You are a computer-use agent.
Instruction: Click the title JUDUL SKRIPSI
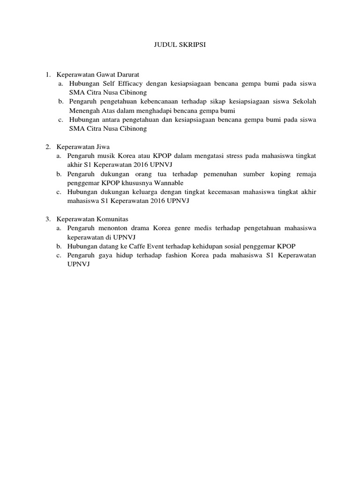tap(180, 45)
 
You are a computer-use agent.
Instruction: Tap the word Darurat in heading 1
tap(127, 75)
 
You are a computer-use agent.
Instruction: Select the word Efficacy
tap(126, 83)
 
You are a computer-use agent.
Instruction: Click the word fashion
tap(175, 255)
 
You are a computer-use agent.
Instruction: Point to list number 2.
tap(48, 147)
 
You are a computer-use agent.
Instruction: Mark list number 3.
tap(48, 219)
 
